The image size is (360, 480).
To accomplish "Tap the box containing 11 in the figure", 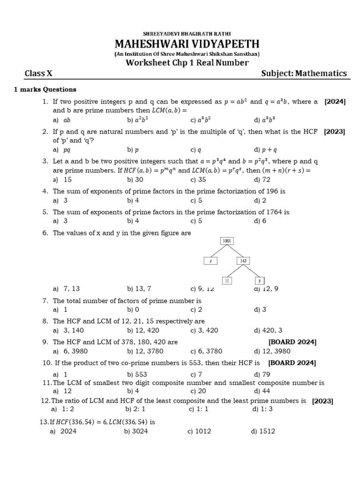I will click(x=227, y=280).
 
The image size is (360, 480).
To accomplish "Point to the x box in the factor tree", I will click(x=210, y=261).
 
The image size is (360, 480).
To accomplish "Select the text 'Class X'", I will click(x=38, y=73).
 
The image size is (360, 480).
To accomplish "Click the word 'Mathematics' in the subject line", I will click(x=321, y=73).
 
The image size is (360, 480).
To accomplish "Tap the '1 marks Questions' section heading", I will click(x=45, y=90).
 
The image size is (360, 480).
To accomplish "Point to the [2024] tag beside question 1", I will click(x=335, y=102).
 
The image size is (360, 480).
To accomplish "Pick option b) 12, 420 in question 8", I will click(x=140, y=330).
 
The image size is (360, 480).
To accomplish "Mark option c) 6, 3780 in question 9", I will click(x=206, y=351).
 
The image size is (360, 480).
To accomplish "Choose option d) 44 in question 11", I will click(x=260, y=391).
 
